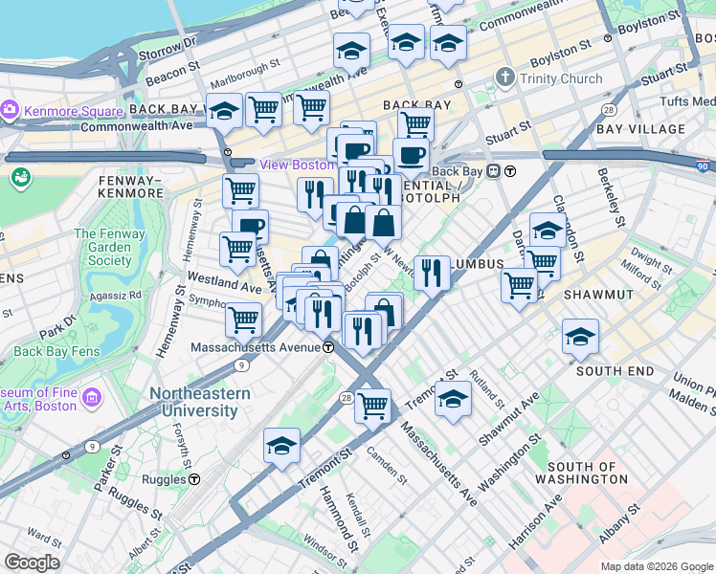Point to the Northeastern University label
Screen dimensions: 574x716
199,402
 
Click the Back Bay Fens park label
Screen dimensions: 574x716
53,351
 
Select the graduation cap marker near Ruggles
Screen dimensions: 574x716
281,445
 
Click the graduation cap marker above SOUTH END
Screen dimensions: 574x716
580,336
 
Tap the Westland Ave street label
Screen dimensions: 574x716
224,286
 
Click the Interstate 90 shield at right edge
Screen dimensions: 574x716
704,166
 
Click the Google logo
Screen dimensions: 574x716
32,563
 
